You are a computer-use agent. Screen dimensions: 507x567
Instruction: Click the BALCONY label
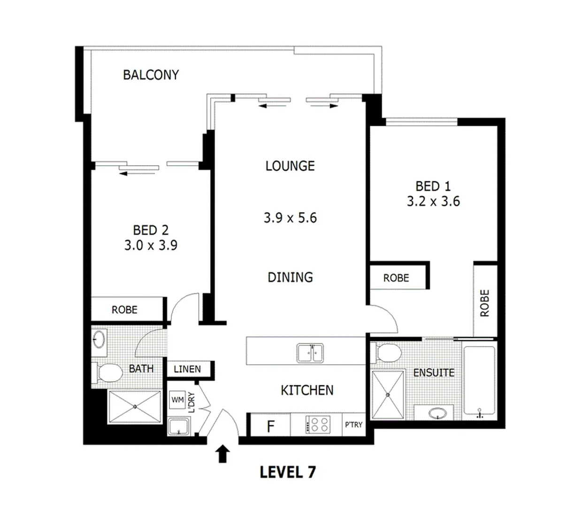pyautogui.click(x=151, y=75)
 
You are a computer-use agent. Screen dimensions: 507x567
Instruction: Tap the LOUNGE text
pyautogui.click(x=290, y=166)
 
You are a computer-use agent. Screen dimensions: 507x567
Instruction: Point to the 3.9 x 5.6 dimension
pyautogui.click(x=290, y=218)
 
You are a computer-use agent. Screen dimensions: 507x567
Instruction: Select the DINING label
pyautogui.click(x=290, y=277)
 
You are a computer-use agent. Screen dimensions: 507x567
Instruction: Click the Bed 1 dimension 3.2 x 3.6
pyautogui.click(x=433, y=201)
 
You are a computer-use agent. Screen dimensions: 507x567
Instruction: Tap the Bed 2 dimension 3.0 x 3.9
pyautogui.click(x=150, y=245)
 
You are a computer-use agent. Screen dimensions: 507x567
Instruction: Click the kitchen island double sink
pyautogui.click(x=309, y=353)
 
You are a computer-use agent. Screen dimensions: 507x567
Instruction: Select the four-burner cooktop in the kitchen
pyautogui.click(x=318, y=425)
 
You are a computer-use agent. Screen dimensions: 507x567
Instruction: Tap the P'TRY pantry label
pyautogui.click(x=353, y=425)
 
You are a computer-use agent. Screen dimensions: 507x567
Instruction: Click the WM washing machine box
pyautogui.click(x=177, y=400)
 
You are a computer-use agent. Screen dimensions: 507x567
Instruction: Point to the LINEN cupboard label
pyautogui.click(x=187, y=369)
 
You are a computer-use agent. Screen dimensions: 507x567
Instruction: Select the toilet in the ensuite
pyautogui.click(x=388, y=353)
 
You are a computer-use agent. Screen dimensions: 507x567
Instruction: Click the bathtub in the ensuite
pyautogui.click(x=479, y=381)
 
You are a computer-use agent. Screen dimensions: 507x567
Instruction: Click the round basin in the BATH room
pyautogui.click(x=99, y=339)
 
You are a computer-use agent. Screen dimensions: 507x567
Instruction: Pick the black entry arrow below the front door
pyautogui.click(x=223, y=454)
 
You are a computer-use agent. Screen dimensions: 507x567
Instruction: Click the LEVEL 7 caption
pyautogui.click(x=288, y=472)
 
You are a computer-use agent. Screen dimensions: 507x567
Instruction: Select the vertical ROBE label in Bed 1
pyautogui.click(x=484, y=303)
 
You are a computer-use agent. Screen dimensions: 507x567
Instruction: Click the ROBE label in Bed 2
pyautogui.click(x=124, y=310)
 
